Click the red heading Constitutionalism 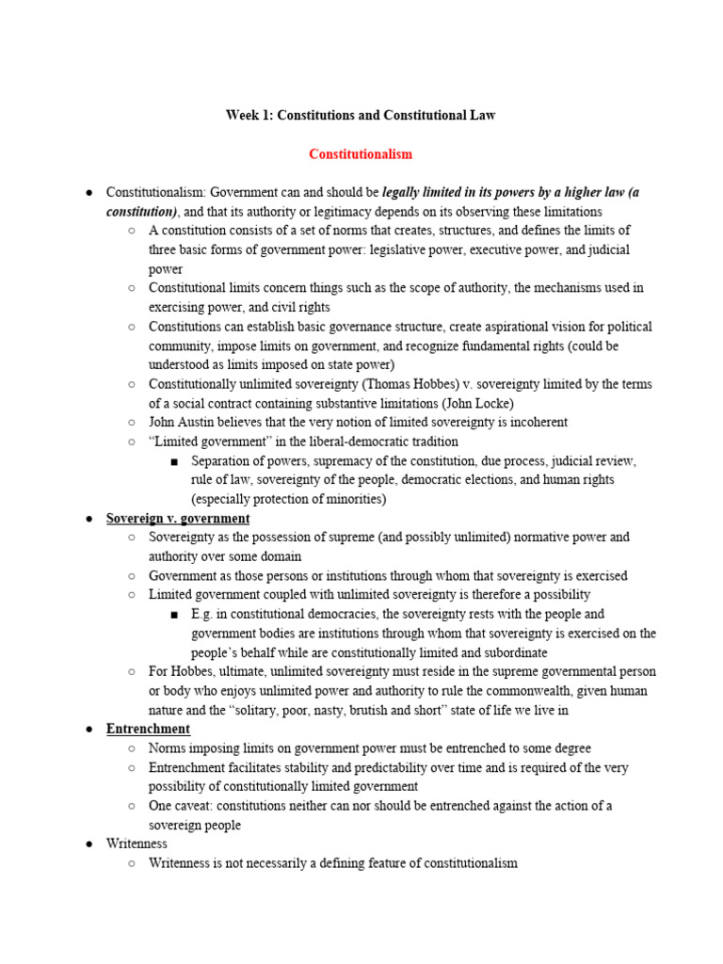pyautogui.click(x=361, y=153)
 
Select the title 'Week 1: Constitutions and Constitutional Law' pyautogui.click(x=361, y=115)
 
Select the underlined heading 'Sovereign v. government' pyautogui.click(x=178, y=519)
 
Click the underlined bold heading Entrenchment pyautogui.click(x=148, y=729)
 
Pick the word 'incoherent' pyautogui.click(x=535, y=422)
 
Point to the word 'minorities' pyautogui.click(x=351, y=499)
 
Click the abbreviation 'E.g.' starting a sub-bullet pyautogui.click(x=203, y=614)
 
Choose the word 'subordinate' pyautogui.click(x=514, y=652)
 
